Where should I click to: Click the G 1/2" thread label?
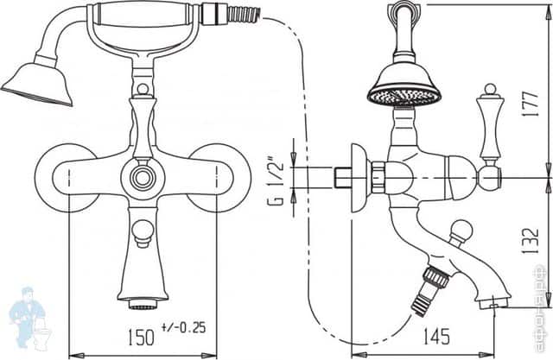275,180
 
